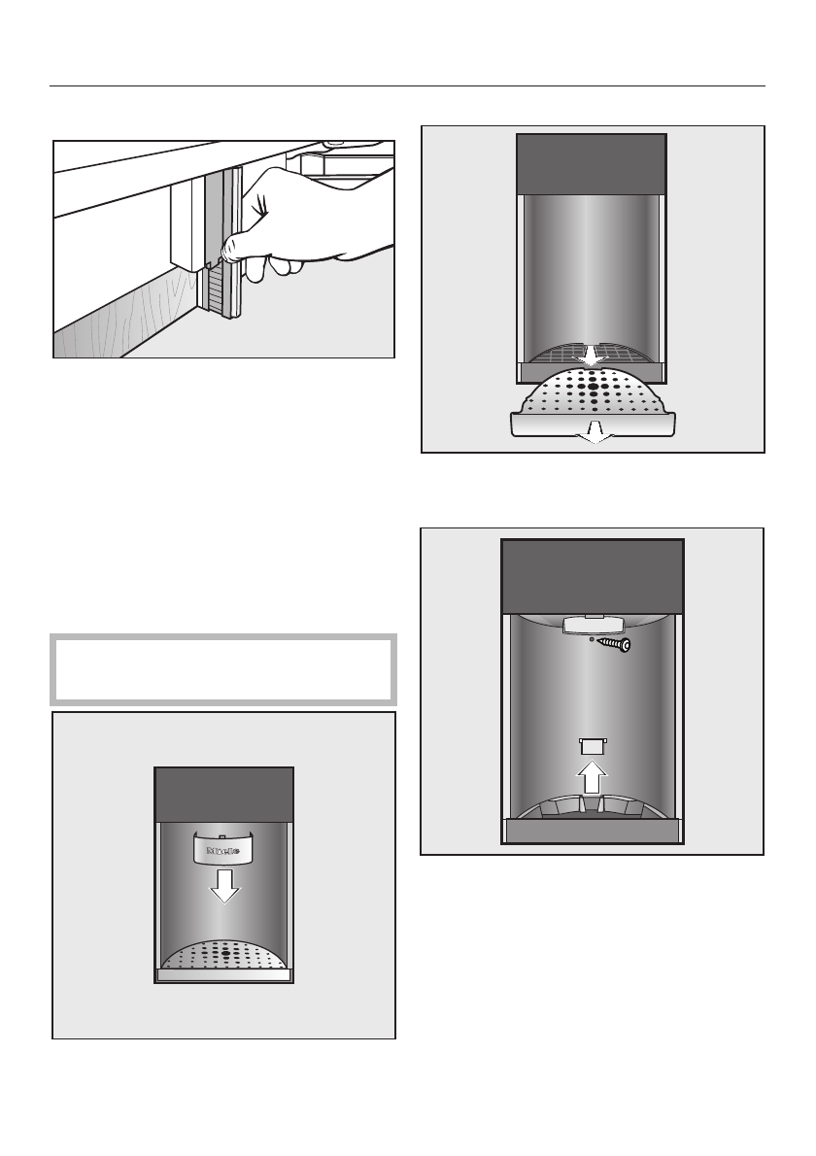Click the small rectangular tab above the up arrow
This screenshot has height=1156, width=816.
pos(592,745)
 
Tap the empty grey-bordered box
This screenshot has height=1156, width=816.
pos(223,669)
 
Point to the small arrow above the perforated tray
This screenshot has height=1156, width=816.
pos(592,357)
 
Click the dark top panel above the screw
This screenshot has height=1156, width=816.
pos(592,575)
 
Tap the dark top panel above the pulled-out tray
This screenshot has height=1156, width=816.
pos(592,162)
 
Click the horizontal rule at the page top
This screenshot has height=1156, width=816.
pos(408,85)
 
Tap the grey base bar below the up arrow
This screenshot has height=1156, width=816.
pos(592,833)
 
